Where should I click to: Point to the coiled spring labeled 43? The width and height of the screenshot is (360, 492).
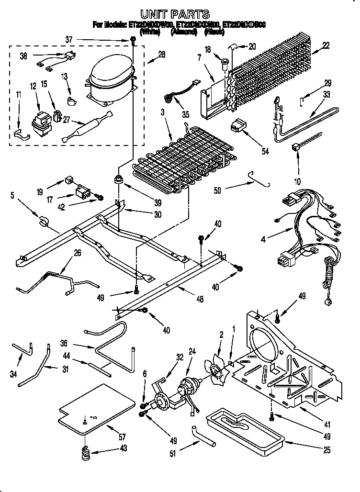[x=85, y=452]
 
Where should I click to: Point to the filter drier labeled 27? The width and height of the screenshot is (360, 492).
[x=86, y=127]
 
